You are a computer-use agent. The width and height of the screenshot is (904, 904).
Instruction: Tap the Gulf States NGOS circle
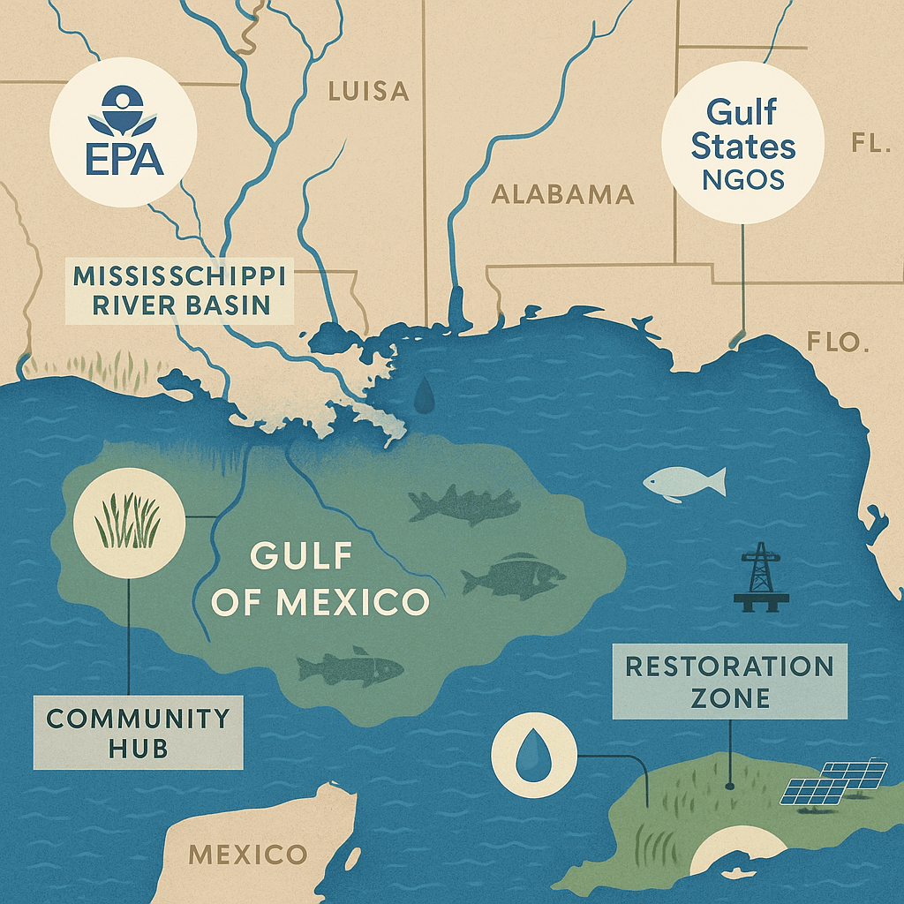(x=742, y=146)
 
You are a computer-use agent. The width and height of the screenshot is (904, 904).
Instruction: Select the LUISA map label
(x=368, y=91)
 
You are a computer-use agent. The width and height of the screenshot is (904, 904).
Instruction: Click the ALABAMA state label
(x=562, y=194)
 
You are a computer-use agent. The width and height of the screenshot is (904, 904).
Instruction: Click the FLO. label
(x=838, y=343)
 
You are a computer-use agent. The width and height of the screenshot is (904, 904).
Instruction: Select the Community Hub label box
(x=138, y=733)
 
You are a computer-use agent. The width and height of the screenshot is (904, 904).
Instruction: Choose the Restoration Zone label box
(x=728, y=681)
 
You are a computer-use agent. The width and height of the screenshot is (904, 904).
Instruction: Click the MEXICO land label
(x=248, y=854)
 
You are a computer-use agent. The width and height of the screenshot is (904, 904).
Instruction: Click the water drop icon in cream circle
(x=531, y=756)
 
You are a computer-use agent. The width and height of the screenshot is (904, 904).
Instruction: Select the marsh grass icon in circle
(x=131, y=522)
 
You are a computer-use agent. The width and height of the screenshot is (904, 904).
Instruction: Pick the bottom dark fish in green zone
(x=350, y=667)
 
